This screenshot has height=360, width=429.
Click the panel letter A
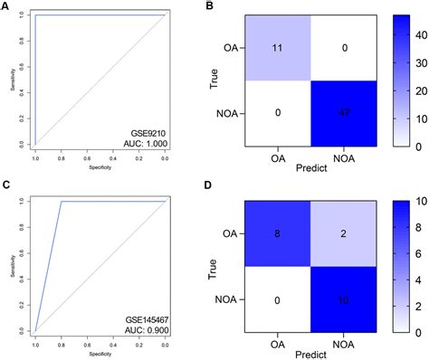click(5, 7)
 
